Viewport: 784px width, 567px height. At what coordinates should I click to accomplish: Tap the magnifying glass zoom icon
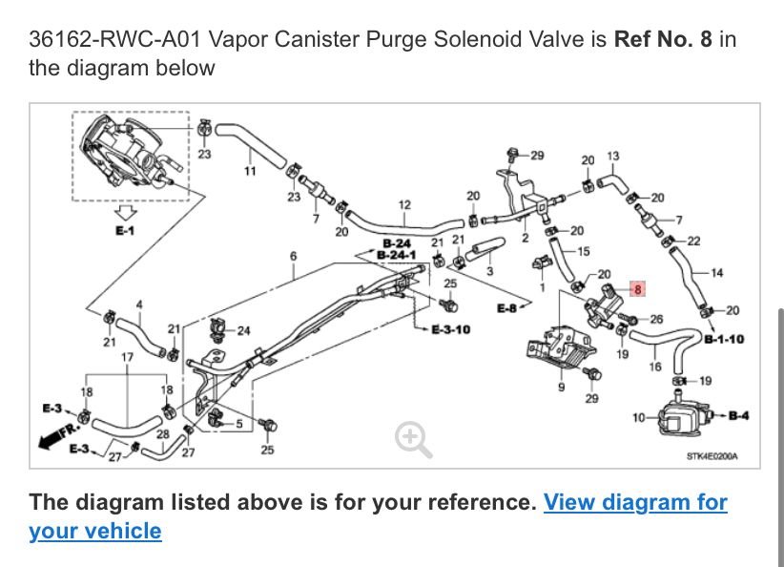(x=413, y=438)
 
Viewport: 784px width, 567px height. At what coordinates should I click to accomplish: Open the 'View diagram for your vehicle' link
(x=378, y=515)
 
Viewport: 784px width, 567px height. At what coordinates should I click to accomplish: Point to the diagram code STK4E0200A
(x=712, y=456)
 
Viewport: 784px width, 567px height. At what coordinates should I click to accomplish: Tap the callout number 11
(x=250, y=171)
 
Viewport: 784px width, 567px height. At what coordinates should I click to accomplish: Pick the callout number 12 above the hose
(x=404, y=204)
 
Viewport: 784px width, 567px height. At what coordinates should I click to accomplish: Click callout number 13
(x=612, y=156)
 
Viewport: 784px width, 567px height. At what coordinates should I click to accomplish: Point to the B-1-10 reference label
(x=724, y=338)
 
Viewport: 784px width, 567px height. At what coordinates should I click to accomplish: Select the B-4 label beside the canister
(x=738, y=415)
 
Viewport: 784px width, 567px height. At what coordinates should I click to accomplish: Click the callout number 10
(x=638, y=417)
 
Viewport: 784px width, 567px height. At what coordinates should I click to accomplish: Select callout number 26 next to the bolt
(x=655, y=319)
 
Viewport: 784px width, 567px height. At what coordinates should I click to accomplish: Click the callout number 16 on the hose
(x=654, y=366)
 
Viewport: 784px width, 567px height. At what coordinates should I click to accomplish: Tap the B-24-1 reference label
(x=394, y=255)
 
